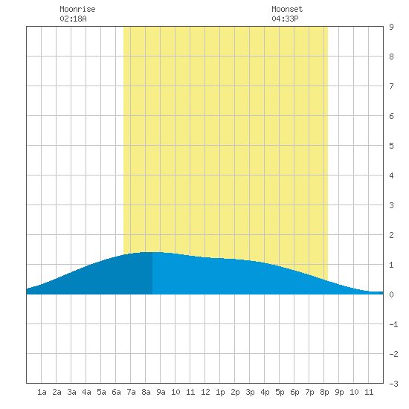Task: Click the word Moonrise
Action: [x=77, y=9]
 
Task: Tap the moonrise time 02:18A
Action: [x=73, y=19]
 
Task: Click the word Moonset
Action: [x=287, y=9]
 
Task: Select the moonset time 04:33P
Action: [x=285, y=19]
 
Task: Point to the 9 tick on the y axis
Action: [x=391, y=27]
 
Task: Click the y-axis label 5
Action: [x=391, y=146]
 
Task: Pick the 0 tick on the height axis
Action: [x=391, y=294]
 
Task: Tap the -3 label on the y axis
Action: [x=393, y=384]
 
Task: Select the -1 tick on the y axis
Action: [x=393, y=324]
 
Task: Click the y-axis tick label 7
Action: [x=391, y=86]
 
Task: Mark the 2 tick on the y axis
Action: [x=391, y=235]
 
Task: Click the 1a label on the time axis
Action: [x=42, y=392]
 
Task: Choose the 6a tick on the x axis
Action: [x=116, y=392]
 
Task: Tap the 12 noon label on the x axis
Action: [x=205, y=392]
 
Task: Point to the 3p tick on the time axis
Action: [x=250, y=392]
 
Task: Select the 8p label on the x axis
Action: [x=324, y=392]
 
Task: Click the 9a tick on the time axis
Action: [x=161, y=392]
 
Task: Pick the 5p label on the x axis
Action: [x=280, y=392]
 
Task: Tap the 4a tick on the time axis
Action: [x=86, y=392]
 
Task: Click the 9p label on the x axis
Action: [x=339, y=392]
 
